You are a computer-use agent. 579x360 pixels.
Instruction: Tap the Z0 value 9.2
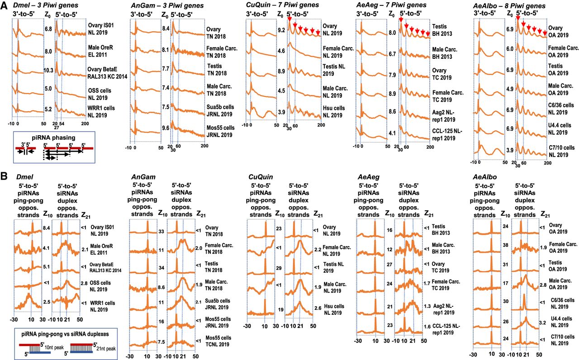click(281, 30)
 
